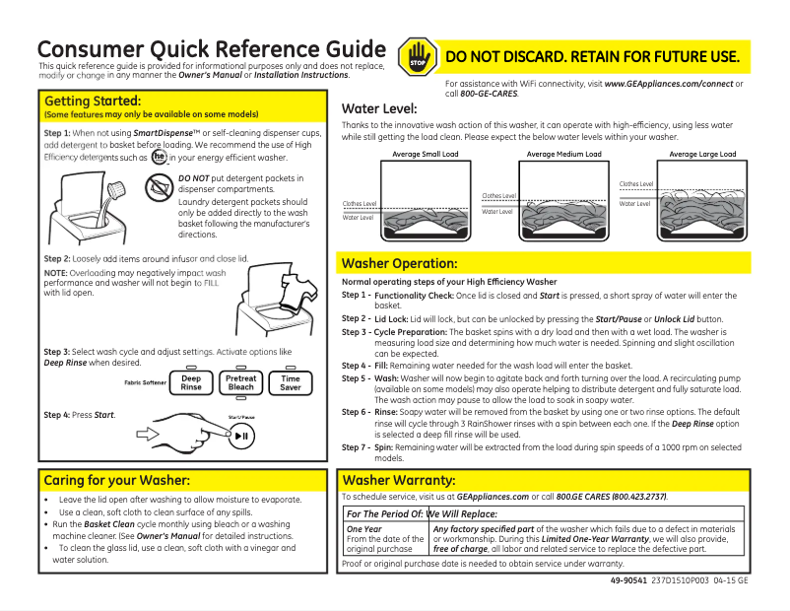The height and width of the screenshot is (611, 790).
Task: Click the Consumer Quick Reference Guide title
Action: click(211, 49)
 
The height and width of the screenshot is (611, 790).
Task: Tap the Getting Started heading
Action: click(93, 101)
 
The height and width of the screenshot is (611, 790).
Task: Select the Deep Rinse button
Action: click(191, 382)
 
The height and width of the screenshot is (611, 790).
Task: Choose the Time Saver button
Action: click(291, 382)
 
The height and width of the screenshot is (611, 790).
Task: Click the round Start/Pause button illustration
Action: click(241, 436)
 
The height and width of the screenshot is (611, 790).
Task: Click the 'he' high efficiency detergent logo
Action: click(159, 158)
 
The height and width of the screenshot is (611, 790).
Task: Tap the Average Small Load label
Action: click(425, 155)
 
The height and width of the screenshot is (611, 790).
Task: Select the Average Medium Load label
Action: click(563, 155)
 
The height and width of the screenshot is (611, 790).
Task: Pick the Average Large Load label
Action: click(702, 155)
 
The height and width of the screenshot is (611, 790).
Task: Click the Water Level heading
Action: click(378, 108)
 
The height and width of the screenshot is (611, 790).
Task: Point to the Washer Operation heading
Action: click(399, 264)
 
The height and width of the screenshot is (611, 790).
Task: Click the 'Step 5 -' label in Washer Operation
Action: click(356, 377)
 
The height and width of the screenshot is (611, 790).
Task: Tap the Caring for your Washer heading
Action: click(116, 480)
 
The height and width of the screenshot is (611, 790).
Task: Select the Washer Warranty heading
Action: click(398, 480)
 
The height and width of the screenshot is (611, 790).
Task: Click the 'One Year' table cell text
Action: click(363, 529)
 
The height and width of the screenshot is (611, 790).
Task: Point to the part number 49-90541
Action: click(626, 580)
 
